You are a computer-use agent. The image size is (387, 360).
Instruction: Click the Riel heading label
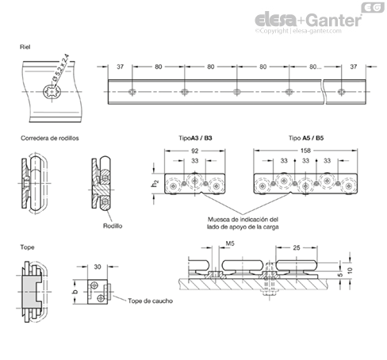tap(25, 47)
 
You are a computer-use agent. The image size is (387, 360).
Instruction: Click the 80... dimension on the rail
tap(315, 67)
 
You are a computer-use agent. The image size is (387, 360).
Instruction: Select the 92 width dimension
tap(194, 151)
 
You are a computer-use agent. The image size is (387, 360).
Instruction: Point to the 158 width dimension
tap(305, 151)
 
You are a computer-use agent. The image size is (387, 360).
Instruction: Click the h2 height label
tap(155, 183)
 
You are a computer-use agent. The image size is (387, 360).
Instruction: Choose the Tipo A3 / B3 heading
tap(195, 138)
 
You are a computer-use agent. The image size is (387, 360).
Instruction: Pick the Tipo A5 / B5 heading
tap(306, 138)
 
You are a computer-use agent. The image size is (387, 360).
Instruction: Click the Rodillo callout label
tap(113, 226)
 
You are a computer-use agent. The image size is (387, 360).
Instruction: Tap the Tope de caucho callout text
tap(150, 301)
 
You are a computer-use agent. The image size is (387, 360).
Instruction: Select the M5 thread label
tap(230, 243)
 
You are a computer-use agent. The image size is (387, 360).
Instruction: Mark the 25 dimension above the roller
tap(297, 247)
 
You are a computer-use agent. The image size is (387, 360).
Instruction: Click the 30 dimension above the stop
tap(98, 266)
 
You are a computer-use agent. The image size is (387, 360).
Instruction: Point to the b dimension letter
tap(75, 292)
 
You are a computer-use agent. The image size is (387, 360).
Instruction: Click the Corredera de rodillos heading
tap(50, 138)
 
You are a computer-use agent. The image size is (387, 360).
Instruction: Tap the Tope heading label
tap(27, 247)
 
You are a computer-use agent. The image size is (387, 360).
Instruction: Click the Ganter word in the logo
tap(335, 20)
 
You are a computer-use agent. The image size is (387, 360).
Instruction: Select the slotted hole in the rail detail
tap(52, 92)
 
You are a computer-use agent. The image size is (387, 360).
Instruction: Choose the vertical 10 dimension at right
tap(350, 270)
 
